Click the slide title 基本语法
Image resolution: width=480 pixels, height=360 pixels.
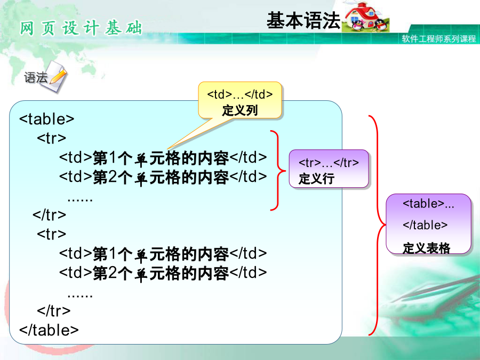pos(303,20)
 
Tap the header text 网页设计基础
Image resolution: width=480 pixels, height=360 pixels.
pos(81,28)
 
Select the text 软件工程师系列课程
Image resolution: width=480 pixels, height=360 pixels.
pos(439,38)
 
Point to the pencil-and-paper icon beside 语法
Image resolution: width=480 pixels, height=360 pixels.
pos(57,76)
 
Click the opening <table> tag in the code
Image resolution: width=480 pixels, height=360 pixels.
pos(46,119)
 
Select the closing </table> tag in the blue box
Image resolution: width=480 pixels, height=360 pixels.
pos(49,330)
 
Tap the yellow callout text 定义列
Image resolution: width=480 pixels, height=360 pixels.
pos(240,110)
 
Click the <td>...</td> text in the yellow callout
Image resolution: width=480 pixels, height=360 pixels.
pos(239,94)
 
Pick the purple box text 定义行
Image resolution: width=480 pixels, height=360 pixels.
pos(316,179)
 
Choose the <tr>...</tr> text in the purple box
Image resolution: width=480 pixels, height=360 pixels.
pos(329,163)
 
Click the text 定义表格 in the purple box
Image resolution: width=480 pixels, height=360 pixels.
pos(427,248)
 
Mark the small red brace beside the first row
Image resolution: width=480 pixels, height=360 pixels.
pos(278,171)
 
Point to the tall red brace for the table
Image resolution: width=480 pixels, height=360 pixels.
pos(378,225)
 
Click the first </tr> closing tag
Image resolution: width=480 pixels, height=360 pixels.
pos(49,214)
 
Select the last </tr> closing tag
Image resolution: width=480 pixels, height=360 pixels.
pos(53,311)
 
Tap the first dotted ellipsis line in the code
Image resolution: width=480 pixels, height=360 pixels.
pos(80,200)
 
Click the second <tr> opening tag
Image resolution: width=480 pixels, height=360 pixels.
pos(51,234)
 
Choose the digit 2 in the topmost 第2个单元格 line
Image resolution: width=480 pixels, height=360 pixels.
pos(112,177)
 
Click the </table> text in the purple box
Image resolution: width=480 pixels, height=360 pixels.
pos(425,225)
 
